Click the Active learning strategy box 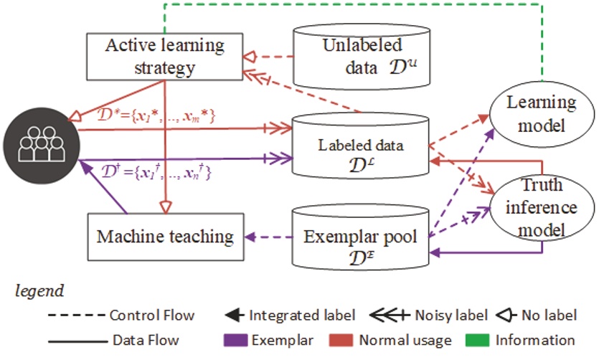pyautogui.click(x=165, y=57)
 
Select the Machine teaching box pyautogui.click(x=166, y=237)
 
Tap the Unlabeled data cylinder pyautogui.click(x=362, y=57)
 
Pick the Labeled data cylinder pyautogui.click(x=360, y=146)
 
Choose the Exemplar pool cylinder pyautogui.click(x=360, y=237)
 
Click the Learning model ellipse pyautogui.click(x=542, y=114)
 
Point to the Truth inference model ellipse pyautogui.click(x=542, y=208)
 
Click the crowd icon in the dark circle pyautogui.click(x=42, y=146)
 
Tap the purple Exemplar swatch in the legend pyautogui.click(x=236, y=340)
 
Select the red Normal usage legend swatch pyautogui.click(x=341, y=340)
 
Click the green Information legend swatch pyautogui.click(x=477, y=340)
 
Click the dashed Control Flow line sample pyautogui.click(x=77, y=316)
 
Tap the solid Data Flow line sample pyautogui.click(x=78, y=341)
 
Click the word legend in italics pyautogui.click(x=39, y=291)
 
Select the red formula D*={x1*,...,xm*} pyautogui.click(x=156, y=115)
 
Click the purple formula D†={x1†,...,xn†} pyautogui.click(x=156, y=172)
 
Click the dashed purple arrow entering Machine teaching pyautogui.click(x=268, y=237)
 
